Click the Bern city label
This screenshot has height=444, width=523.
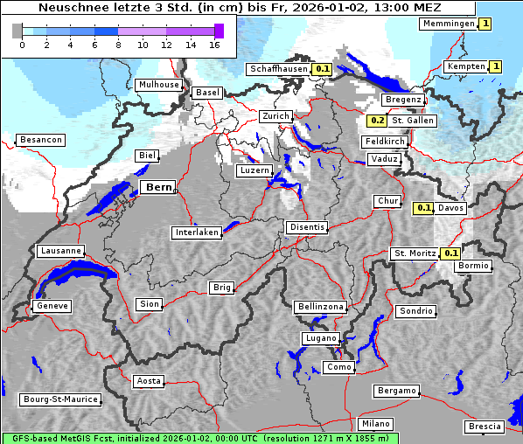tap(159, 187)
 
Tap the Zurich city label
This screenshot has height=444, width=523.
tap(275, 116)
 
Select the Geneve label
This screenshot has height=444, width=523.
tap(52, 306)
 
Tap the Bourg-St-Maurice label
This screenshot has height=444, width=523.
tap(59, 399)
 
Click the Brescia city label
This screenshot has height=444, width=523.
tap(485, 426)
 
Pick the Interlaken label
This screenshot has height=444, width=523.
tap(197, 232)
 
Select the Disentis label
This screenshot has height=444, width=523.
tap(307, 227)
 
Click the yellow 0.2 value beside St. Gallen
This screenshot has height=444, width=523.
tap(378, 121)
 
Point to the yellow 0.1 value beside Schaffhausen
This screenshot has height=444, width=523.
tap(322, 68)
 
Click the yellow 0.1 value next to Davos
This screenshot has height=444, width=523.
tap(423, 208)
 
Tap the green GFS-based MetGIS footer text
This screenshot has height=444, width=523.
tap(199, 438)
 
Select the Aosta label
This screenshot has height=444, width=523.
tap(149, 381)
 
